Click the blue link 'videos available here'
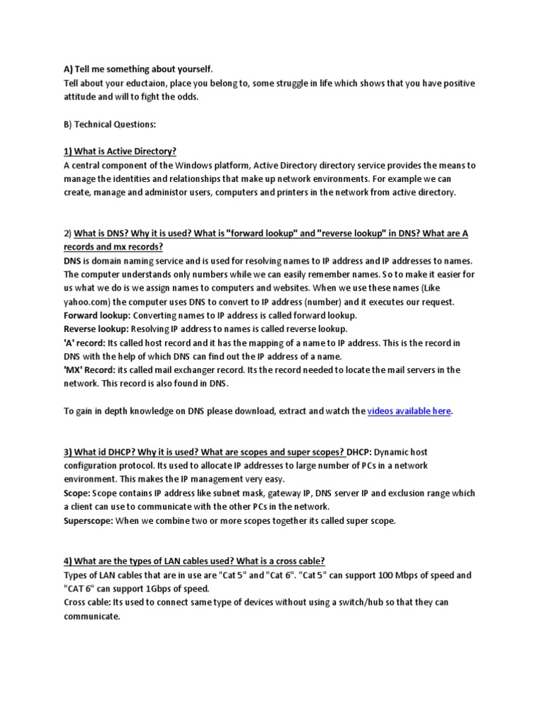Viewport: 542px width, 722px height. point(409,410)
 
